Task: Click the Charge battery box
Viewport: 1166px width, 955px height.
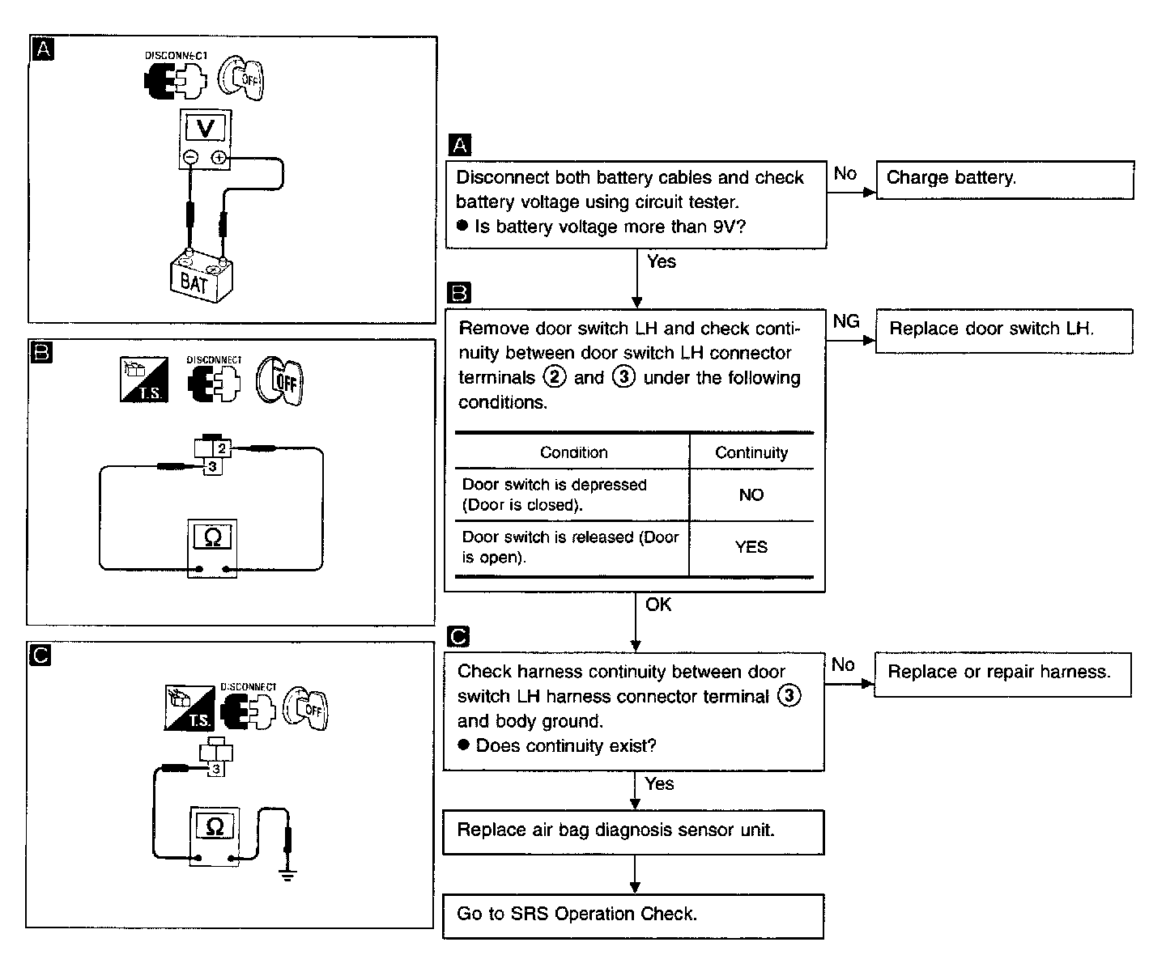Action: pyautogui.click(x=1005, y=180)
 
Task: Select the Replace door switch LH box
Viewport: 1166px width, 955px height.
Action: pyautogui.click(x=1004, y=331)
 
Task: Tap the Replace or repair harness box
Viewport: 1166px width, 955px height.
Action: pyautogui.click(x=1002, y=674)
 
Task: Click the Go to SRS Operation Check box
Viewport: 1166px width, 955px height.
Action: pyautogui.click(x=633, y=916)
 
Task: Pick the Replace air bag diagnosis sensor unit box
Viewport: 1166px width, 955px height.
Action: pyautogui.click(x=633, y=832)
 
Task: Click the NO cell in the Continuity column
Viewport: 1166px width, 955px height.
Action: pyautogui.click(x=751, y=494)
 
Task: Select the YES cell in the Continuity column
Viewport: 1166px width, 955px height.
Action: pyautogui.click(x=751, y=547)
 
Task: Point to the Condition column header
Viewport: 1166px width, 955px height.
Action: pyautogui.click(x=573, y=452)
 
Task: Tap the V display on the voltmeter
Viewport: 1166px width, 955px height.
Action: pyautogui.click(x=205, y=128)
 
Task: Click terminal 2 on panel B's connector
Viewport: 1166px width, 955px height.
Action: pyautogui.click(x=222, y=448)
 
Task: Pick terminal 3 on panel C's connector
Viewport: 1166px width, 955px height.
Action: pyautogui.click(x=216, y=769)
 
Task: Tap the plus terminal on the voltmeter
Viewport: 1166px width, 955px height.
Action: pyautogui.click(x=219, y=158)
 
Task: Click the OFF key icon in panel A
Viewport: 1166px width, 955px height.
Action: pyautogui.click(x=241, y=79)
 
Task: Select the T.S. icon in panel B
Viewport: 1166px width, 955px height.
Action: pyautogui.click(x=144, y=379)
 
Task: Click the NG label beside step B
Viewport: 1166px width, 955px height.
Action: pyautogui.click(x=846, y=321)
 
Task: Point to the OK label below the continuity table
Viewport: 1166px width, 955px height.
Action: pyautogui.click(x=658, y=604)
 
